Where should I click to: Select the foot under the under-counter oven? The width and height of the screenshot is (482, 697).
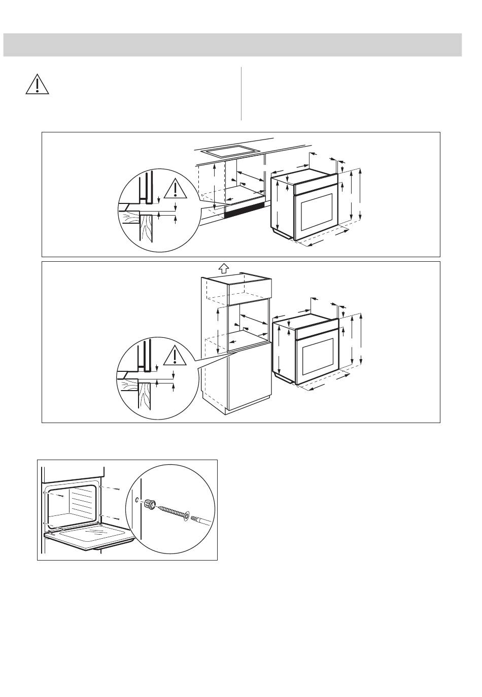(x=282, y=233)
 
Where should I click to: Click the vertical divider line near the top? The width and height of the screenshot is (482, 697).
(x=242, y=93)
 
